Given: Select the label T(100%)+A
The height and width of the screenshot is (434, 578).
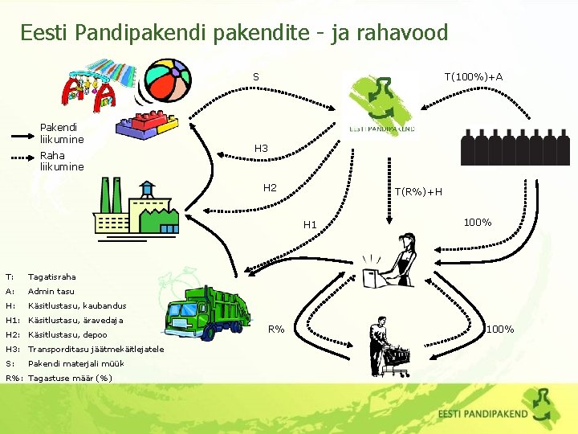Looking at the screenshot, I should (x=474, y=77).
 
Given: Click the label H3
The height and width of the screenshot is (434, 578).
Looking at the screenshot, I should (x=261, y=149).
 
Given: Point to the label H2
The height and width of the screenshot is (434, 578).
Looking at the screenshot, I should (x=270, y=188).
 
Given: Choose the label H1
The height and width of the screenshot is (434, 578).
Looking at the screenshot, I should (x=310, y=225).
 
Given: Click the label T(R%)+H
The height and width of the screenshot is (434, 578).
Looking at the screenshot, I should (x=417, y=191).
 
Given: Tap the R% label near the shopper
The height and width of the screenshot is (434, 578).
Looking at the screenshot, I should (x=276, y=330).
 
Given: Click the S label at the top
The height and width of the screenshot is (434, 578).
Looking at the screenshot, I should (x=255, y=77).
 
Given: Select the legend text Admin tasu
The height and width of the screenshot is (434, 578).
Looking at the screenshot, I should (x=51, y=291).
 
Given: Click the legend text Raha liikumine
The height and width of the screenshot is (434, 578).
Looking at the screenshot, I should (x=61, y=161).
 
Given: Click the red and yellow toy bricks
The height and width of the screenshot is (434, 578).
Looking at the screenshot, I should (x=146, y=125).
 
